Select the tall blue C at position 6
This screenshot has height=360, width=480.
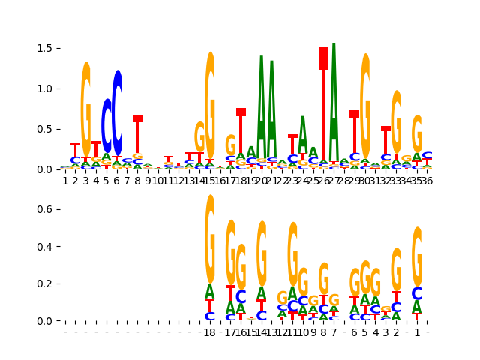[117, 112]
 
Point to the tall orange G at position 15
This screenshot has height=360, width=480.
[210, 105]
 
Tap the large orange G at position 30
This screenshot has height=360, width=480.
[365, 105]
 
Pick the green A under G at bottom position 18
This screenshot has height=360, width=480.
[210, 292]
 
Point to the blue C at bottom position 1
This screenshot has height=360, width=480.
[417, 294]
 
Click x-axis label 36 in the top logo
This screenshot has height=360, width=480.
[427, 181]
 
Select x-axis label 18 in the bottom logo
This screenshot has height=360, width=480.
[210, 332]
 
